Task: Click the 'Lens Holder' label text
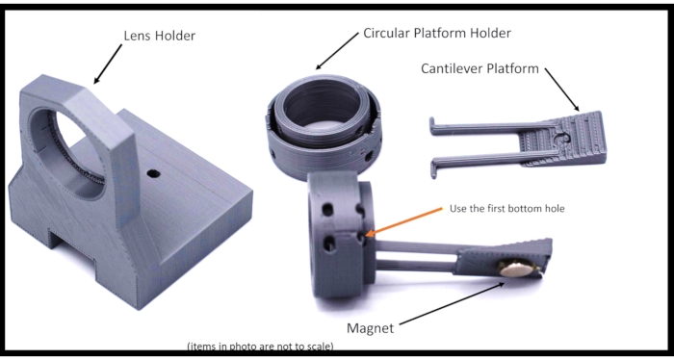tap(160, 36)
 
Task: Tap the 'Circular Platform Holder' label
tap(437, 33)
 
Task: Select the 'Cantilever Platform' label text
tap(480, 68)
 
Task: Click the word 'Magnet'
tap(370, 328)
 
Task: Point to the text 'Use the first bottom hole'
tap(506, 209)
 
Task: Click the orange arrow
tap(404, 221)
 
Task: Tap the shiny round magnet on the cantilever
tap(516, 268)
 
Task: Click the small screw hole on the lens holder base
tap(153, 174)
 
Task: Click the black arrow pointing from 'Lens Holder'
tap(108, 64)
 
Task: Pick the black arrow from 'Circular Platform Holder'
tap(337, 51)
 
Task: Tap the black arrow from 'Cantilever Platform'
tap(561, 90)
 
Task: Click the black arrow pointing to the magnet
tap(453, 303)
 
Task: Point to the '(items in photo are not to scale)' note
tap(261, 347)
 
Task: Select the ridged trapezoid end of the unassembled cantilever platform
tap(564, 139)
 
